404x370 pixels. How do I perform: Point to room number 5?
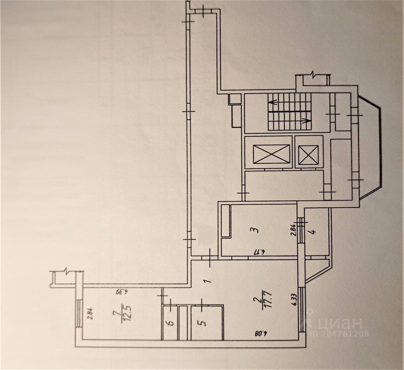coord(204,323)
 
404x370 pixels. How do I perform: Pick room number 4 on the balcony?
coord(313,232)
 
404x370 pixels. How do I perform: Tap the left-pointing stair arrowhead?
coord(272,102)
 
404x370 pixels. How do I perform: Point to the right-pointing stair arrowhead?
coord(306,120)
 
